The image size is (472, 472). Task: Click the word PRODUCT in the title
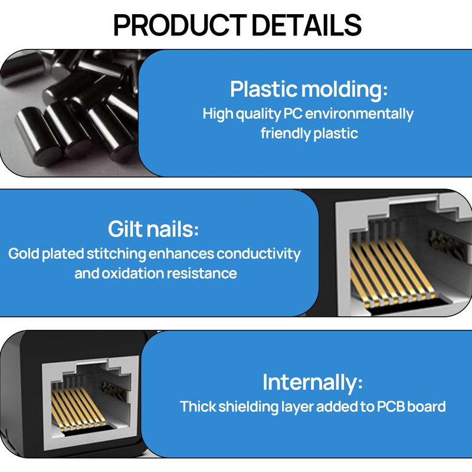[180, 25]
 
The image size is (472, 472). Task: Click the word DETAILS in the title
[306, 25]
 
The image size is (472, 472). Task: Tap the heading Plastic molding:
[309, 90]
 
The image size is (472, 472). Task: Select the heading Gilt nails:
[153, 229]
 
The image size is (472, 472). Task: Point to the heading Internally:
[313, 382]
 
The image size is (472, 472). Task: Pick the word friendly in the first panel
[286, 133]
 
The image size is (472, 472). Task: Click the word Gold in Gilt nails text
[24, 254]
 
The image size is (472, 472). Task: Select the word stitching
[116, 254]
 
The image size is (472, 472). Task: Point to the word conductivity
[258, 254]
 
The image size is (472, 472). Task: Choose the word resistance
[202, 274]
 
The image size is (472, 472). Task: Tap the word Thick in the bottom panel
[198, 407]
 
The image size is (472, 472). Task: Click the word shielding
[248, 407]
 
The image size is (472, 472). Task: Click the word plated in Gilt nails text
[63, 254]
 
